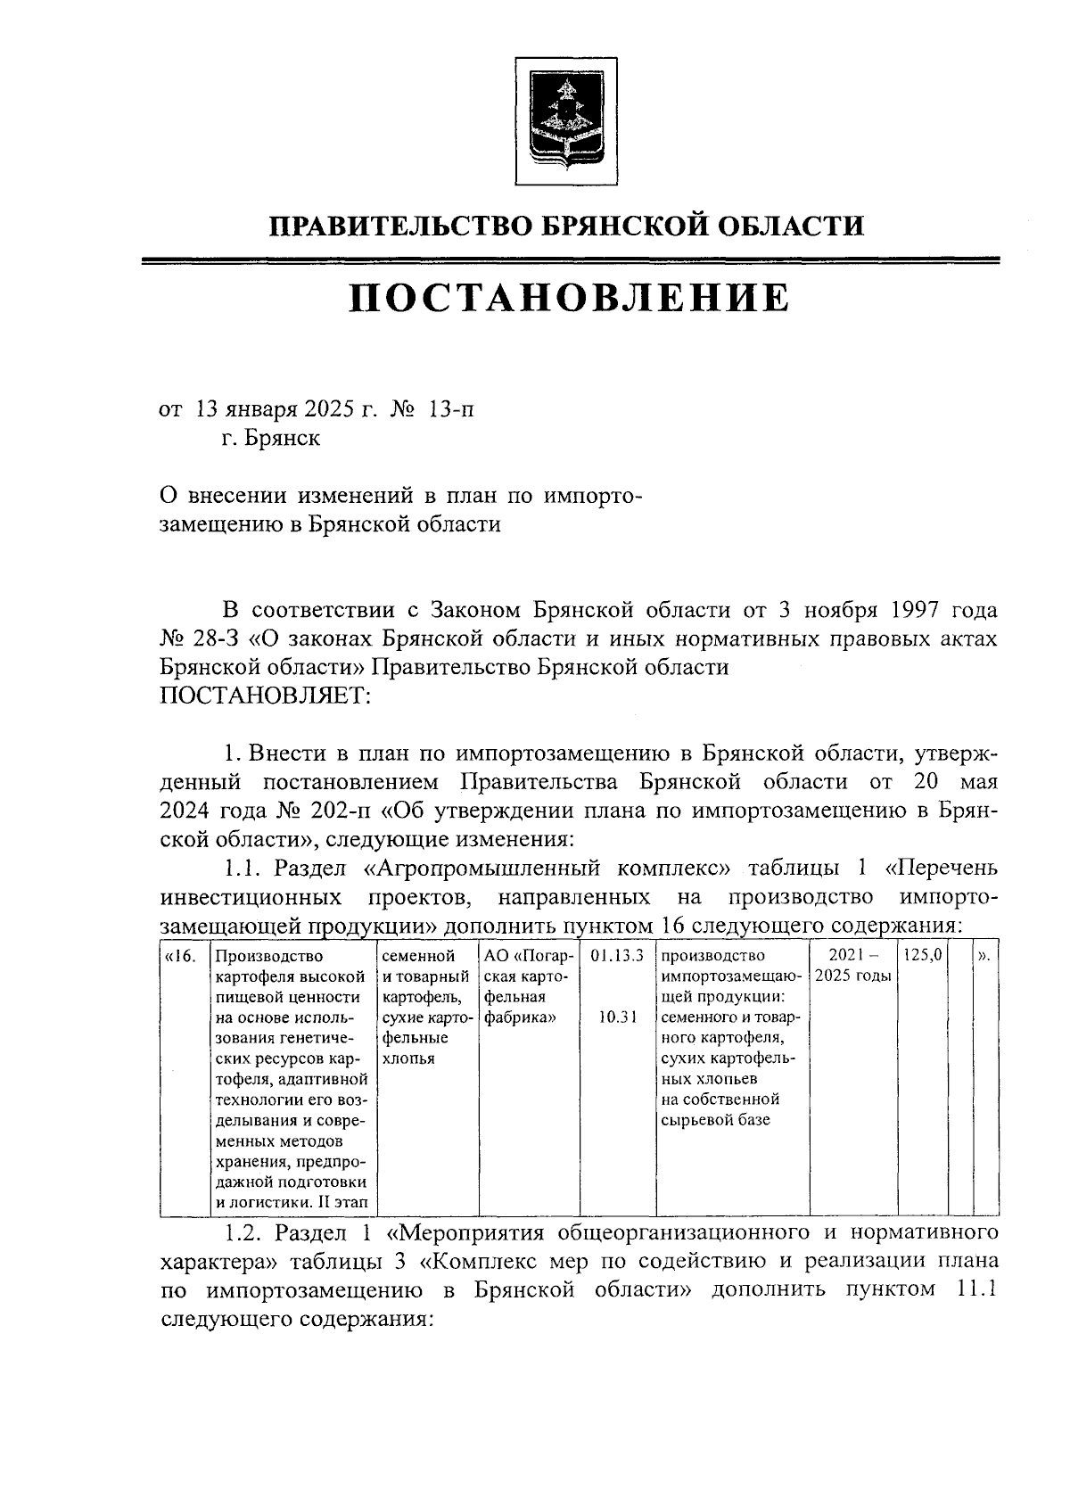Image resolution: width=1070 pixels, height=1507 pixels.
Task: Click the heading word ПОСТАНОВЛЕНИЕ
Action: click(568, 298)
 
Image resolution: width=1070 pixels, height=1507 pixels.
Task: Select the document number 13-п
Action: click(451, 410)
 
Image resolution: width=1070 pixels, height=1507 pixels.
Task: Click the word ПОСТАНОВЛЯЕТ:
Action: click(265, 696)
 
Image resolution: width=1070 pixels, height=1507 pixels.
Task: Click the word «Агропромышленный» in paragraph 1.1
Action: click(547, 868)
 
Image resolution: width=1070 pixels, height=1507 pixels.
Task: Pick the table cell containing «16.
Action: click(181, 956)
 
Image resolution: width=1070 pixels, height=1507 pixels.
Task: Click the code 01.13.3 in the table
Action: click(617, 956)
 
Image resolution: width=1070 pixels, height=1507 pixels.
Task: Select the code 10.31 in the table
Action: click(617, 1017)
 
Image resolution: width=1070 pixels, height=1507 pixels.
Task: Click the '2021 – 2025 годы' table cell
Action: click(853, 965)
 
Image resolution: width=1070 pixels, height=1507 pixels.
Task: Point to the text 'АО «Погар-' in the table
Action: click(527, 956)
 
